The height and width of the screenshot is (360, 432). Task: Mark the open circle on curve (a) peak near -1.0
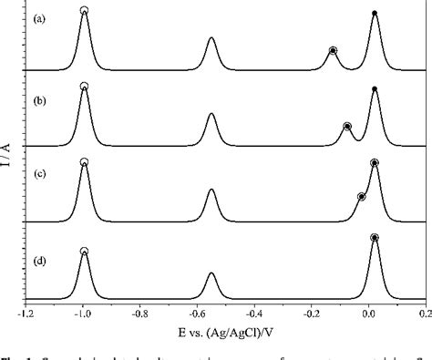(84, 11)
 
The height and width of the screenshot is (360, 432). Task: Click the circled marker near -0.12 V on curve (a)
(333, 50)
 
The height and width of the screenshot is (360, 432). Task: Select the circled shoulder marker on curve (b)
(347, 127)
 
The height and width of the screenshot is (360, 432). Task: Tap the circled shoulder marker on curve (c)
(362, 197)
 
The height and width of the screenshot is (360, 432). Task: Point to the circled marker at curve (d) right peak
(375, 237)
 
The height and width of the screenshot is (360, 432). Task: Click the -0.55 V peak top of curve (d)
(211, 273)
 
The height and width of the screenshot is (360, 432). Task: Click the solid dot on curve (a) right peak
(375, 13)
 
